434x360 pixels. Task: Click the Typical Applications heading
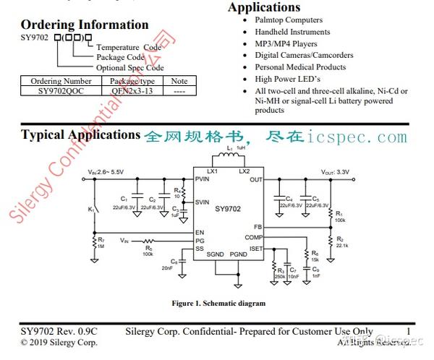point(80,135)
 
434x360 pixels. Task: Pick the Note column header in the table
point(179,82)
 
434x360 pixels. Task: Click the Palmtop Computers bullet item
point(289,20)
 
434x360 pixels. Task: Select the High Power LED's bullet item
point(288,79)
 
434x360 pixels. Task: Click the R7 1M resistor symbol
point(93,241)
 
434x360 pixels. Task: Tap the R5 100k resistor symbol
point(148,241)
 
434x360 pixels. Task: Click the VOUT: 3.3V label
point(335,172)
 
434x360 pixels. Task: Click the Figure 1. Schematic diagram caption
point(208,303)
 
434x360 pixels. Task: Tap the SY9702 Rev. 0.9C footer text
point(59,332)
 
